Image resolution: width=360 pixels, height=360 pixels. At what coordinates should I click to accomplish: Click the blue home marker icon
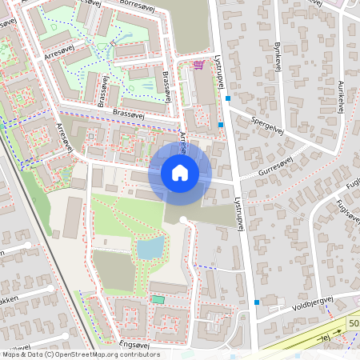click(180, 173)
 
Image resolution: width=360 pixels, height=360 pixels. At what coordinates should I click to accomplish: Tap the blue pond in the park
click(150, 248)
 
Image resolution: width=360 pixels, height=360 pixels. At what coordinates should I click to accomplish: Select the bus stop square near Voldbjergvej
click(256, 302)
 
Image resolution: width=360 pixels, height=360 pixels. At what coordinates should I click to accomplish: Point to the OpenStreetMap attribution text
click(80, 354)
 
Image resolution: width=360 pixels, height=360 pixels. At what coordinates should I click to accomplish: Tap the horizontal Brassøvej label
click(132, 113)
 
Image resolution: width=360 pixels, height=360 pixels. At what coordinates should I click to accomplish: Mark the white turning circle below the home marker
click(183, 219)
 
